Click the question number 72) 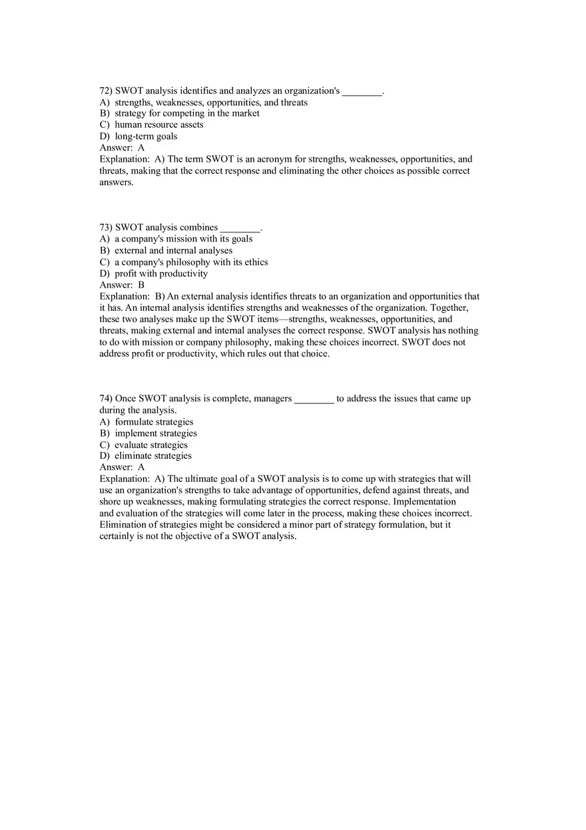point(106,91)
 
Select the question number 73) point(106,228)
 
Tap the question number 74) point(106,399)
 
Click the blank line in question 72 point(362,92)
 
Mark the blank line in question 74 point(314,400)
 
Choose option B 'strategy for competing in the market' point(180,113)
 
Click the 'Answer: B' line point(122,285)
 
